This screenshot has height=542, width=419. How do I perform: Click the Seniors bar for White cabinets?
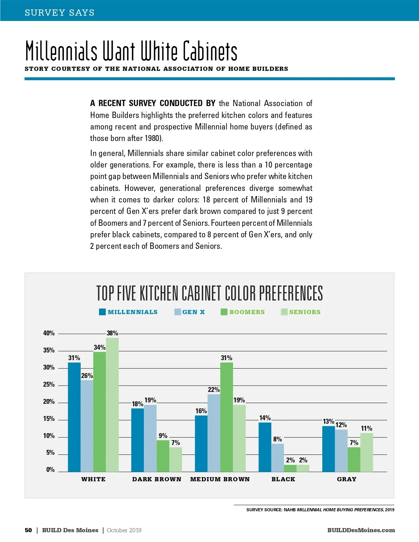[112, 405]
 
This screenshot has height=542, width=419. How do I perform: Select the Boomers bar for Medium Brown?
[226, 417]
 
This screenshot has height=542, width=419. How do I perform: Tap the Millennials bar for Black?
[265, 447]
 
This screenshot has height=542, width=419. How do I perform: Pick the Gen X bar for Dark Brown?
[150, 438]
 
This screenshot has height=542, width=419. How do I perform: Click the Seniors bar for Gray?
[367, 452]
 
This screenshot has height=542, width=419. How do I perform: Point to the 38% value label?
[112, 333]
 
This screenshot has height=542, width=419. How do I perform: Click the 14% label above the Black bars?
[265, 418]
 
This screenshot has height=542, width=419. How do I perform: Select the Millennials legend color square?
[102, 312]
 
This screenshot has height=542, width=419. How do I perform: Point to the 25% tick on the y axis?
[49, 385]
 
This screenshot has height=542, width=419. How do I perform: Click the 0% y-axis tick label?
[50, 470]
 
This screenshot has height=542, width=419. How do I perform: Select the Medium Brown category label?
[220, 479]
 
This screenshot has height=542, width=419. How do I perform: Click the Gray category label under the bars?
[346, 479]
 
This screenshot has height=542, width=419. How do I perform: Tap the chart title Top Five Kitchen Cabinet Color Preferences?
[209, 293]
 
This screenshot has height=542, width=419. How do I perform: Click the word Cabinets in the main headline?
[210, 51]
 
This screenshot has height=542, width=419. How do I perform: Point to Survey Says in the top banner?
[60, 13]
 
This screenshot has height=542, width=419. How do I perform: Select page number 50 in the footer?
[28, 530]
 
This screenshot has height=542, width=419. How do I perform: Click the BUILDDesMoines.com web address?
[361, 530]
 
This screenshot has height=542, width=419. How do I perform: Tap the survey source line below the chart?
[320, 510]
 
